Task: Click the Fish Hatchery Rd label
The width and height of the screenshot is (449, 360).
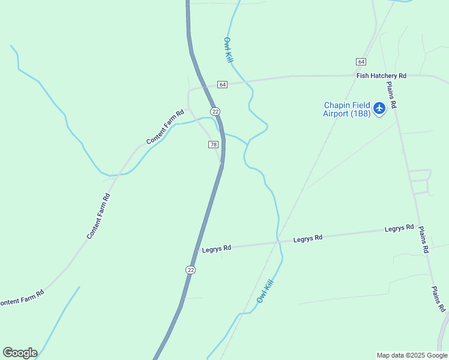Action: coord(381,76)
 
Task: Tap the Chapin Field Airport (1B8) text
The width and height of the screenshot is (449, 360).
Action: coord(347,109)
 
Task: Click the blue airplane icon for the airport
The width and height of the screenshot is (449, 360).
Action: coord(379,109)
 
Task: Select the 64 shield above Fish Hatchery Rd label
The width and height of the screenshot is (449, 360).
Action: coord(361,62)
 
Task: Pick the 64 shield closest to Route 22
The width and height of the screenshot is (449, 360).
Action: coord(223,85)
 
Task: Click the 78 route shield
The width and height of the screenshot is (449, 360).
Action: coord(213,145)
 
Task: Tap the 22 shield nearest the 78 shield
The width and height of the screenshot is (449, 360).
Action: coord(215,112)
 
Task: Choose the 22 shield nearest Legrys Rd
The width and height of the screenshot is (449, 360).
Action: coord(190,270)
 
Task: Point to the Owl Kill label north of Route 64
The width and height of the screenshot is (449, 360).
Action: coord(228,50)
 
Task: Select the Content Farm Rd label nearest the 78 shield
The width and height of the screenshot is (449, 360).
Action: coord(165,127)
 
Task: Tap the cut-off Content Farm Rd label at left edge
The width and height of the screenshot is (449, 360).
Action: coord(22,298)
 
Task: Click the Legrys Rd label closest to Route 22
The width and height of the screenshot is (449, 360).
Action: coord(217,248)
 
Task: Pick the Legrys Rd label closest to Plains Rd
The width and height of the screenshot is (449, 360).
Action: coord(399,228)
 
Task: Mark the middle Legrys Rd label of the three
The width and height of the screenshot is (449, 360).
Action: coord(308,238)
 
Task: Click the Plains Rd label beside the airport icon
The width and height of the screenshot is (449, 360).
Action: coord(392,95)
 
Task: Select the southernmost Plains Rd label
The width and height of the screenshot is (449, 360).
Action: coord(439,299)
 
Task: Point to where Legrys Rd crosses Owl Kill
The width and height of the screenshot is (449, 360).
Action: coord(278,241)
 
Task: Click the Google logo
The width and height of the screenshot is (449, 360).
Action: coord(20,353)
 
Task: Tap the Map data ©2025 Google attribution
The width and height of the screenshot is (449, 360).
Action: coord(411,355)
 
